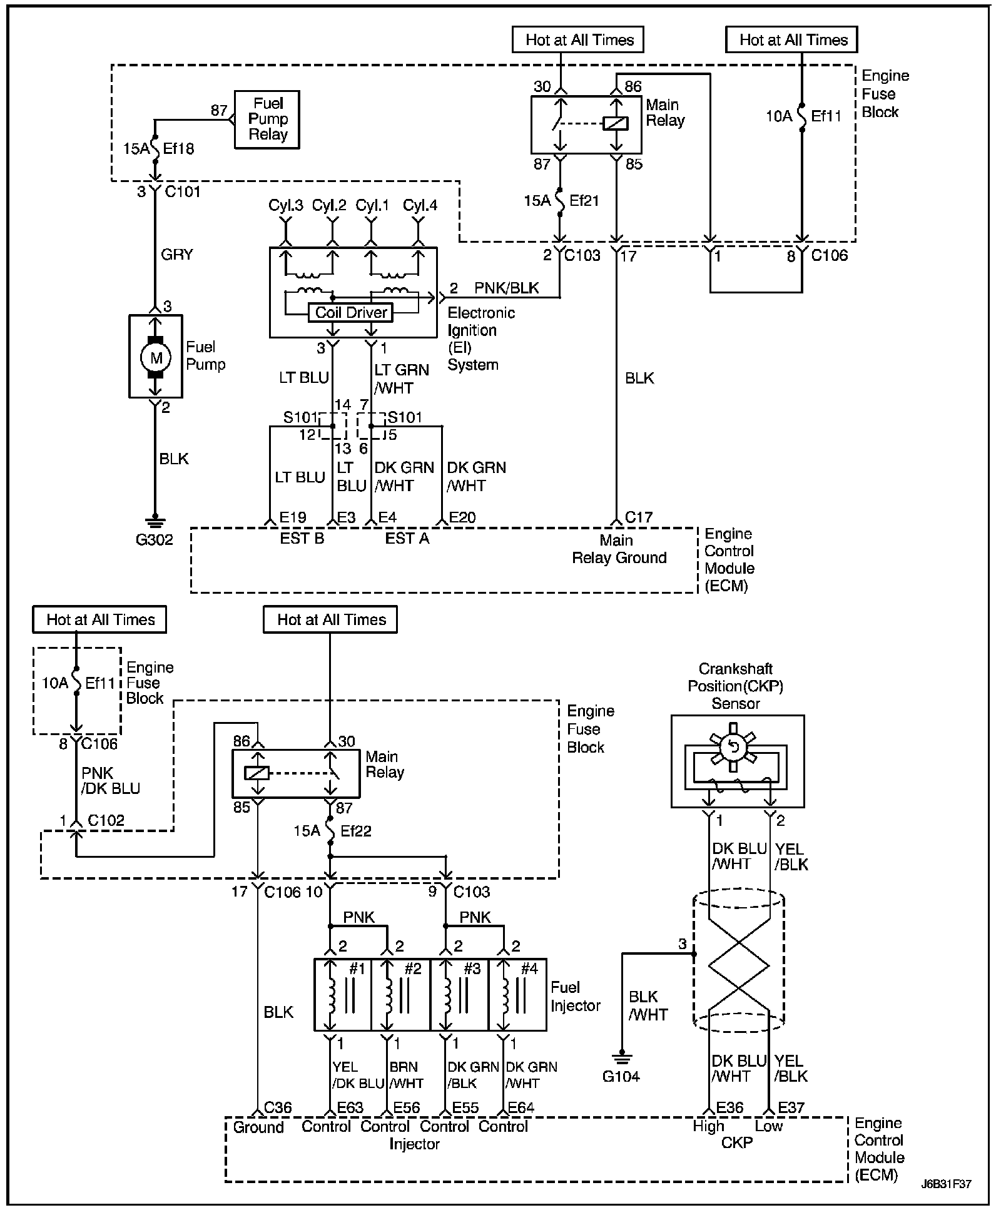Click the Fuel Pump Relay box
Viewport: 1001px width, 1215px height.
267,119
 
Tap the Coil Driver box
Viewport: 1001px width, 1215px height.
351,312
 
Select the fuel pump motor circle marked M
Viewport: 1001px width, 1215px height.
156,357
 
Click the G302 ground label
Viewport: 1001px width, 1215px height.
155,539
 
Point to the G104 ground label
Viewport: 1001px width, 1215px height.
621,1076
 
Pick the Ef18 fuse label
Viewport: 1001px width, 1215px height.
178,149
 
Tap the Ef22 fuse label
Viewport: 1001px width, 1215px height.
355,831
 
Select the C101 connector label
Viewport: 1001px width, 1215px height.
183,191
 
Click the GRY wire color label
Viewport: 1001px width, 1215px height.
177,254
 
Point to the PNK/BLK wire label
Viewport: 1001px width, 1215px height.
507,288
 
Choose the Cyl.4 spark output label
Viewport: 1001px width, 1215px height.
420,205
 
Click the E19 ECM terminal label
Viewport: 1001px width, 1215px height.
292,517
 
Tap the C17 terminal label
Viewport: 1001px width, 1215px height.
639,517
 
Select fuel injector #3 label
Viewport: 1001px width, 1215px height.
472,968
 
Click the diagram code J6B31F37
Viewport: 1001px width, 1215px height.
946,1184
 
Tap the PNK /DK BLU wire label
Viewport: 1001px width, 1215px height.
111,781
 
